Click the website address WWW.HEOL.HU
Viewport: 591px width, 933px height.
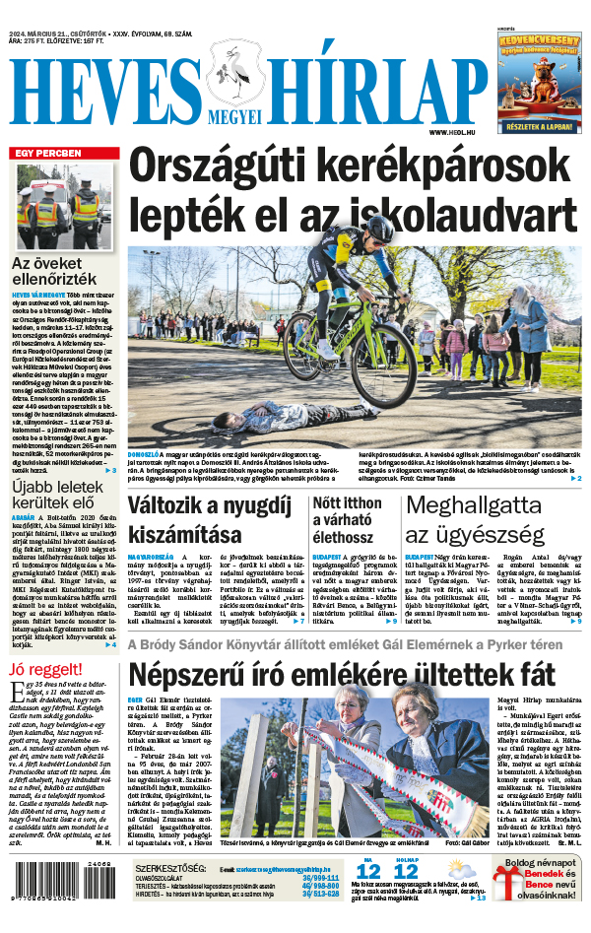click(x=454, y=132)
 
